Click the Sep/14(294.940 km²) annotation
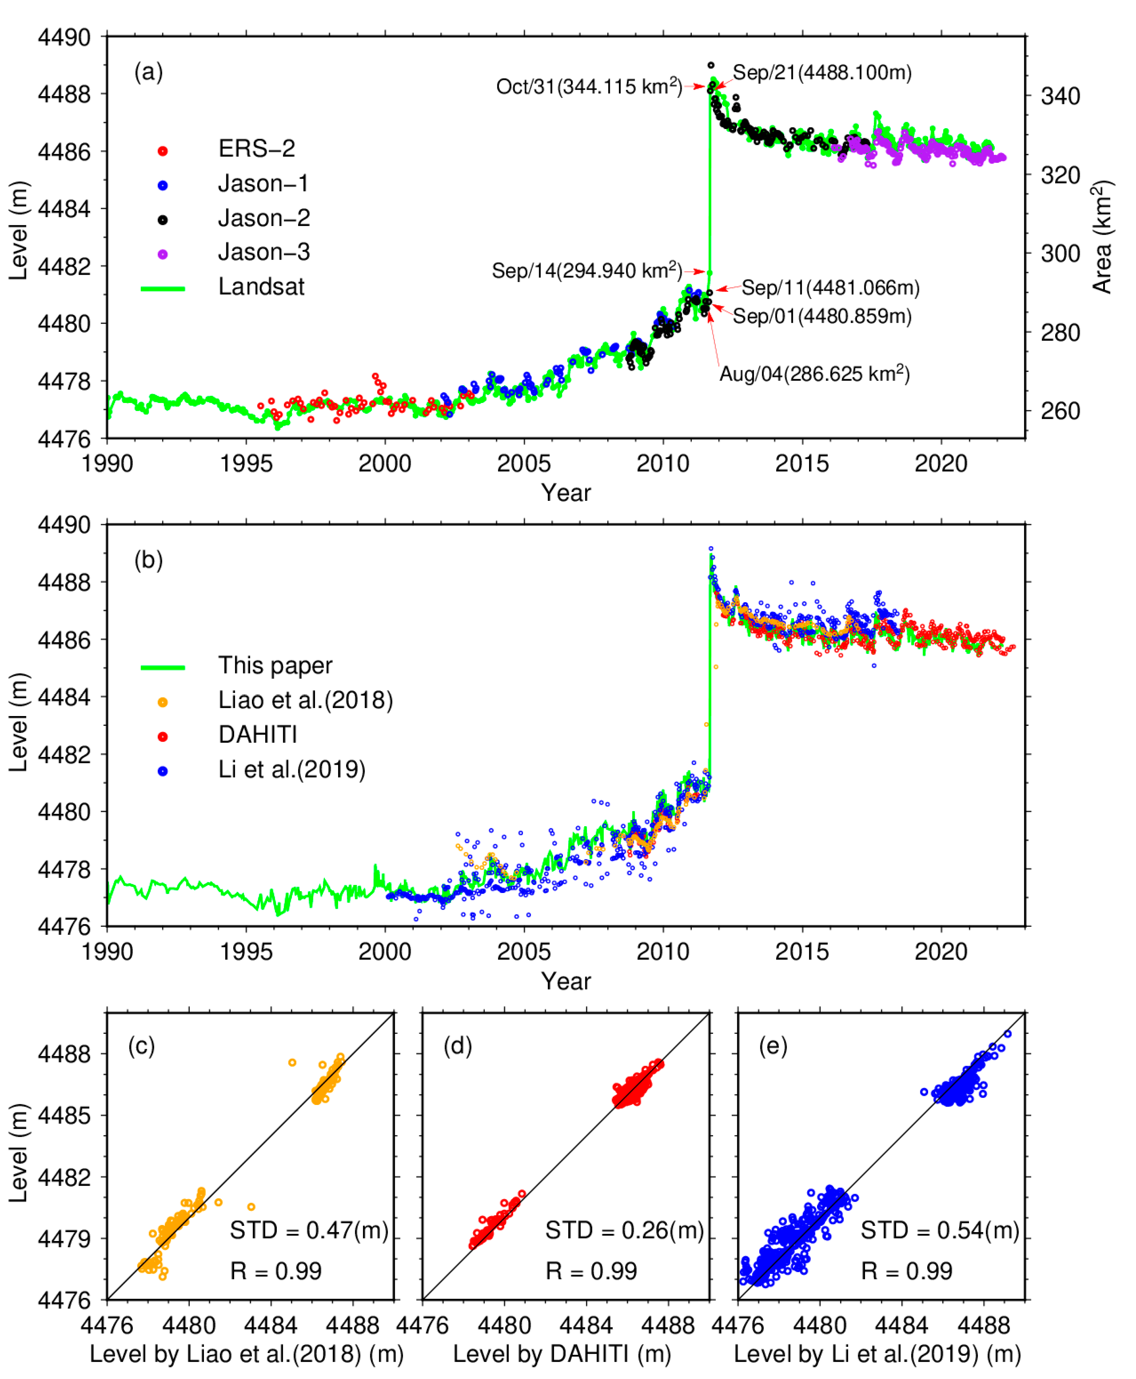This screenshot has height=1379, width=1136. (586, 270)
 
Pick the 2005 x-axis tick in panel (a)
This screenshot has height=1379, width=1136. (524, 464)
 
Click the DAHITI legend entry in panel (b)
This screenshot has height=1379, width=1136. (258, 735)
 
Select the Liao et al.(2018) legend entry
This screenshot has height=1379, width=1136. (305, 700)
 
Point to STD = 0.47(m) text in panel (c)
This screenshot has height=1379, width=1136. (309, 1230)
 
